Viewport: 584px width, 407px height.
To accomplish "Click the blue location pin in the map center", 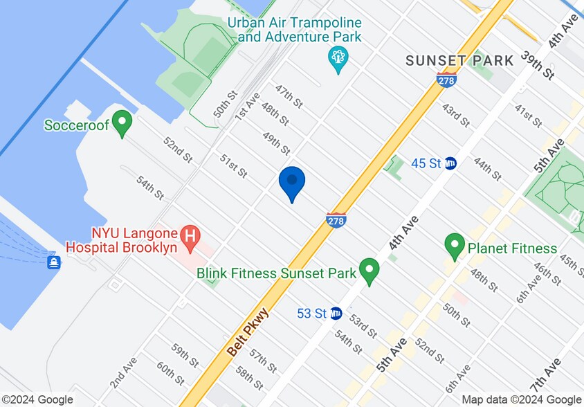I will (x=292, y=183).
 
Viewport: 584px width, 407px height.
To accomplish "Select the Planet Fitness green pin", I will (x=455, y=246).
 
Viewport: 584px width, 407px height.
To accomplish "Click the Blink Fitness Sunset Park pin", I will (x=369, y=271).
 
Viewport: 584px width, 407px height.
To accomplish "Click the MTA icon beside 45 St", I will (x=450, y=163).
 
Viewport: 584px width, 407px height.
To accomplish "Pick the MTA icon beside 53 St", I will (x=336, y=314).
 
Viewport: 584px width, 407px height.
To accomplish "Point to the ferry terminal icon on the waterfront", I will (x=53, y=262).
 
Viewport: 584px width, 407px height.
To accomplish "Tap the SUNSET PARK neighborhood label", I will (x=459, y=61).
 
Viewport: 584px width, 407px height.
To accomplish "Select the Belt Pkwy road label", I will (x=248, y=332).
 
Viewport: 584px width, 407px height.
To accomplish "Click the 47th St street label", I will (x=289, y=96).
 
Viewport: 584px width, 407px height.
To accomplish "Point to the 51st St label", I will (x=234, y=166).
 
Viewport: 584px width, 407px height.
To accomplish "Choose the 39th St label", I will (x=538, y=64).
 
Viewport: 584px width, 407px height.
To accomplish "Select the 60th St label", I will (x=170, y=373).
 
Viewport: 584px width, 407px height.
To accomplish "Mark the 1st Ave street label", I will (x=246, y=106).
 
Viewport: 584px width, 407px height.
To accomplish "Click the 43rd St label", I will (x=456, y=116).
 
